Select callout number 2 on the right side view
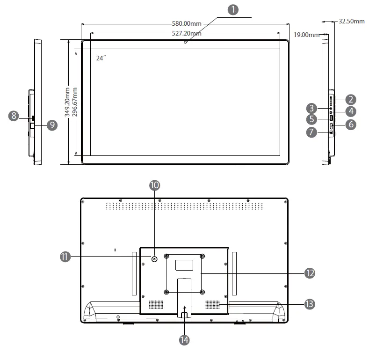pyautogui.click(x=351, y=99)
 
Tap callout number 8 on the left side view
pyautogui.click(x=14, y=116)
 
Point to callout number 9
pyautogui.click(x=51, y=125)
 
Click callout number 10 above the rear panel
pyautogui.click(x=154, y=185)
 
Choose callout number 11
pyautogui.click(x=65, y=257)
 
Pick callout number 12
pyautogui.click(x=309, y=273)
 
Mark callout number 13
pyautogui.click(x=309, y=304)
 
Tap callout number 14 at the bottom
pyautogui.click(x=184, y=340)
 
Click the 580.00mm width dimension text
pyautogui.click(x=184, y=23)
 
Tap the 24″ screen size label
pyautogui.click(x=101, y=58)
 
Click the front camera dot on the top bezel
pyautogui.click(x=186, y=43)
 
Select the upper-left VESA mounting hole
pyautogui.click(x=166, y=256)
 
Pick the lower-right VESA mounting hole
pyautogui.click(x=202, y=292)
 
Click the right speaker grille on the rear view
pyautogui.click(x=212, y=305)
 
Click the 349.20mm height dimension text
pyautogui.click(x=67, y=102)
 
